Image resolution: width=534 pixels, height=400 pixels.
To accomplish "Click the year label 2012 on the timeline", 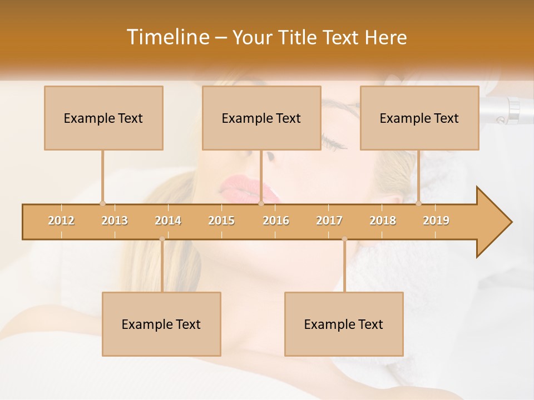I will point(61,221).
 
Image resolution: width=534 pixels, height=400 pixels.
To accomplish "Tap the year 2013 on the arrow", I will point(115,221).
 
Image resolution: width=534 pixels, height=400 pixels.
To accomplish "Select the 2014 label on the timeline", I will point(168,221).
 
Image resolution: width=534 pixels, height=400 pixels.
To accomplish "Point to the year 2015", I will point(221,221).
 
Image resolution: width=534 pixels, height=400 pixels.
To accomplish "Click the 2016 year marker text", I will point(276,221).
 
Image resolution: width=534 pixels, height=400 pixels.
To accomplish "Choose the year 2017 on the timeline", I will point(329,221).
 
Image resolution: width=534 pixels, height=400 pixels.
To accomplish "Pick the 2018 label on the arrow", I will point(383,221).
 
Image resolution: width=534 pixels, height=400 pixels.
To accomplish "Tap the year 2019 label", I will point(436,221).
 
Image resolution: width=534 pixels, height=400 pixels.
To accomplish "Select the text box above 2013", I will point(103,118).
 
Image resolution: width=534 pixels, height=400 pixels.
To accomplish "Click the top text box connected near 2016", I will point(261,118).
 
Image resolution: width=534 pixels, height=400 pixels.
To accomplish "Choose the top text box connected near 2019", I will point(419,118).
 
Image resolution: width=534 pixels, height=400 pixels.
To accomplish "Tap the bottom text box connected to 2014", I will point(161,324).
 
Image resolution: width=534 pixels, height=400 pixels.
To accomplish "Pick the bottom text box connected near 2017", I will point(344,324).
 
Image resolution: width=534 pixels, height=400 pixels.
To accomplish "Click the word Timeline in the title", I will point(167,37).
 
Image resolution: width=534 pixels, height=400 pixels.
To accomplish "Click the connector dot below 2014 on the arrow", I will point(162,239).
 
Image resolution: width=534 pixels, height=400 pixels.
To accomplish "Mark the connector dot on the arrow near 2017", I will point(344,239).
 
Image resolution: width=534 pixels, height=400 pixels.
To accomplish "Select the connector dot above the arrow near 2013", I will point(102,203).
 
